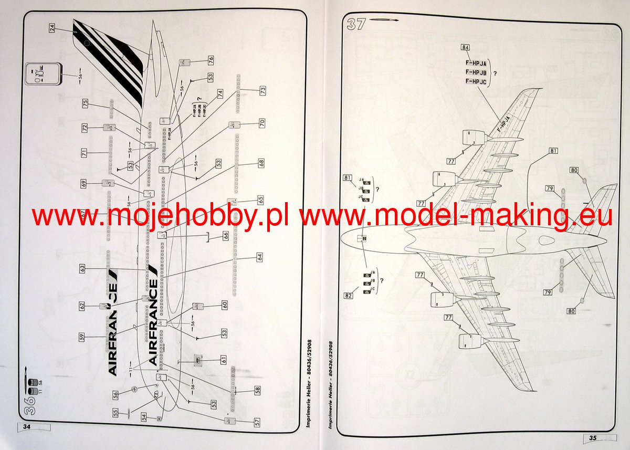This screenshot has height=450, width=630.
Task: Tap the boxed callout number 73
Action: [x=262, y=90]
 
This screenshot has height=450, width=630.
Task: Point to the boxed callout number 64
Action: [x=259, y=257]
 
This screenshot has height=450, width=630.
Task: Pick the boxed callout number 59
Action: [x=82, y=338]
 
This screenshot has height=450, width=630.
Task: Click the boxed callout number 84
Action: [x=465, y=47]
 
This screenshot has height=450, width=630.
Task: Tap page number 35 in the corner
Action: [x=593, y=437]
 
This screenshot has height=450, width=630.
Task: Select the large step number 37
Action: [x=355, y=24]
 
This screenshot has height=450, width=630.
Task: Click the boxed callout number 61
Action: [x=224, y=360]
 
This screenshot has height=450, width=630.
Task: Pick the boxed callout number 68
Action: [x=261, y=163]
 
